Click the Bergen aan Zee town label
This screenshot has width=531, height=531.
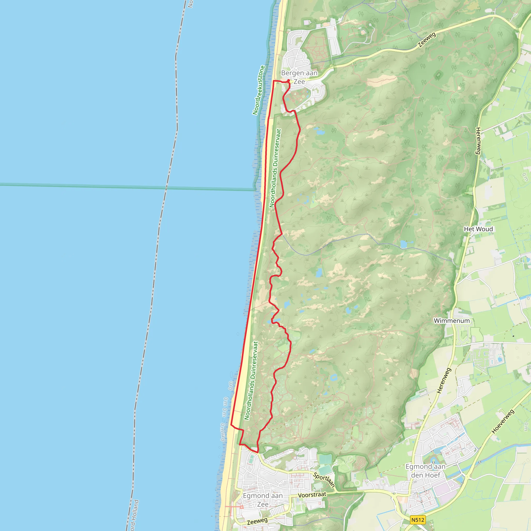click(x=299, y=77)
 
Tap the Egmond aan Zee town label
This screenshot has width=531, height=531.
click(x=262, y=500)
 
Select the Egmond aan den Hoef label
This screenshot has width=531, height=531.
click(x=425, y=471)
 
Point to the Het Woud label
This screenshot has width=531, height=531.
click(x=478, y=229)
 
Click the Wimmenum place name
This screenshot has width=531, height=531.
click(x=452, y=321)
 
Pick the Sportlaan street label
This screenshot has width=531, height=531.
click(x=324, y=480)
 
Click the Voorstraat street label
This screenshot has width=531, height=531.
click(x=312, y=495)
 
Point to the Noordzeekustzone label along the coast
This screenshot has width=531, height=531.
click(x=258, y=90)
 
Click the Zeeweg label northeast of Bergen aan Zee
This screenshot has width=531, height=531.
click(x=427, y=40)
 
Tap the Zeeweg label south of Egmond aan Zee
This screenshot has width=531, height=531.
click(x=257, y=521)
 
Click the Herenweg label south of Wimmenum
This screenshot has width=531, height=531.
click(x=444, y=380)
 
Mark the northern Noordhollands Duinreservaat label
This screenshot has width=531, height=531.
click(x=275, y=168)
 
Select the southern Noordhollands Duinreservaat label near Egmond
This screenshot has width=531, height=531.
click(x=251, y=381)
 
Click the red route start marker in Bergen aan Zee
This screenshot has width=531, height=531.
click(x=288, y=81)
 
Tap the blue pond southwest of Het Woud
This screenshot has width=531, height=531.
click(x=403, y=244)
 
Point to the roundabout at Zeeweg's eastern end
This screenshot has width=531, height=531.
click(x=520, y=29)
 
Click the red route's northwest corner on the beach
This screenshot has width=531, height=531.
click(x=274, y=81)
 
